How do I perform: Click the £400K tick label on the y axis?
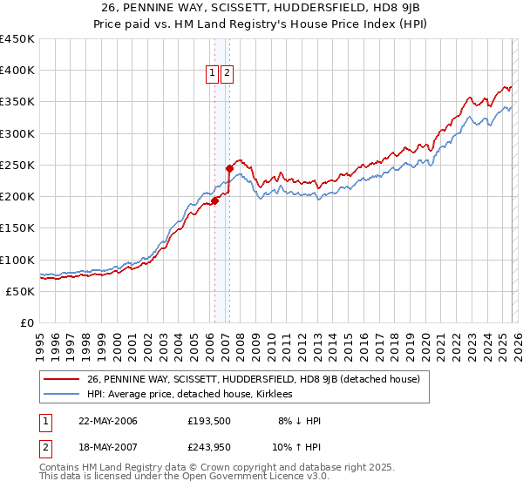point(17,71)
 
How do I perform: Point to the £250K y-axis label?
point(17,165)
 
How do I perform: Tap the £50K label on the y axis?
point(21,291)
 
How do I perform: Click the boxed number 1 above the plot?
point(214,74)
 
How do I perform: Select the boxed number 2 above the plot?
point(228,74)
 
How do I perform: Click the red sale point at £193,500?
point(214,200)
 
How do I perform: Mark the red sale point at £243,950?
point(229,168)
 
